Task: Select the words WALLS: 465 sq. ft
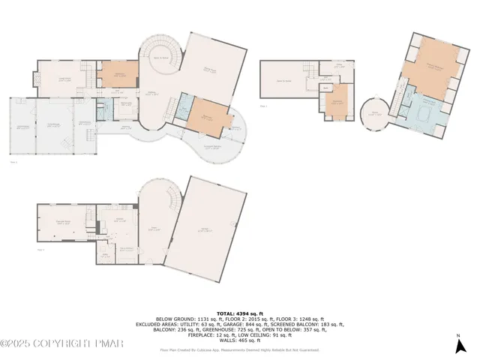click(239, 340)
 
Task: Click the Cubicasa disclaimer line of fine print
click(239, 349)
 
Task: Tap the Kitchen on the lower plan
click(120, 222)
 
